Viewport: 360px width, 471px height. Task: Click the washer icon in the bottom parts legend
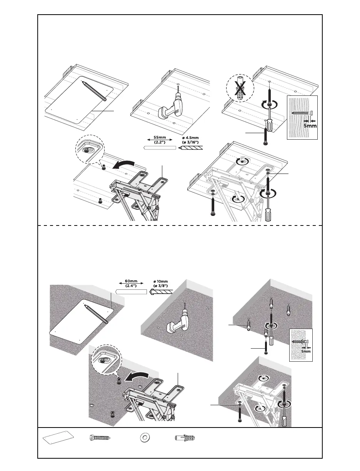(x=145, y=438)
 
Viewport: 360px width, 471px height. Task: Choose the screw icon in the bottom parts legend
(x=100, y=438)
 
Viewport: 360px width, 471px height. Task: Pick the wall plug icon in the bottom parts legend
(x=187, y=438)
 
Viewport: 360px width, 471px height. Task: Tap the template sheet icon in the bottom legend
(x=57, y=438)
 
